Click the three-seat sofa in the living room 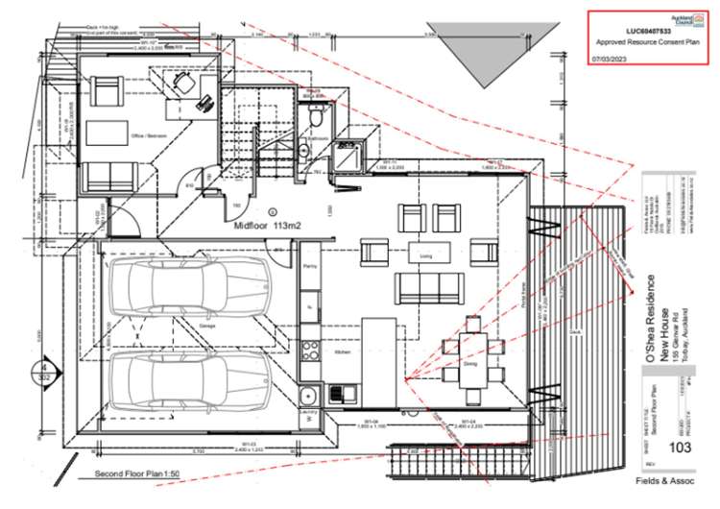click(427, 287)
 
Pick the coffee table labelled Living click(422, 254)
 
